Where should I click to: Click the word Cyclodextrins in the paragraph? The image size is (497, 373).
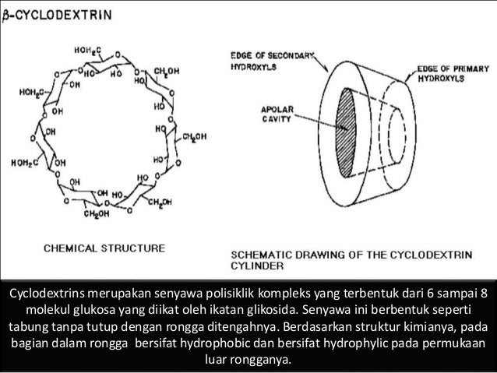[x=46, y=294]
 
